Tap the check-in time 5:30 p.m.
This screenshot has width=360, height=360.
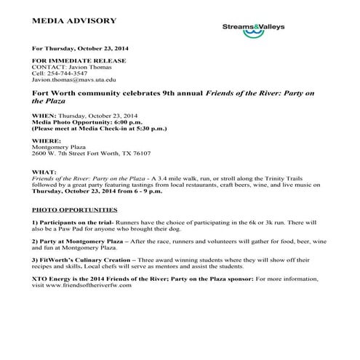pos(151,129)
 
